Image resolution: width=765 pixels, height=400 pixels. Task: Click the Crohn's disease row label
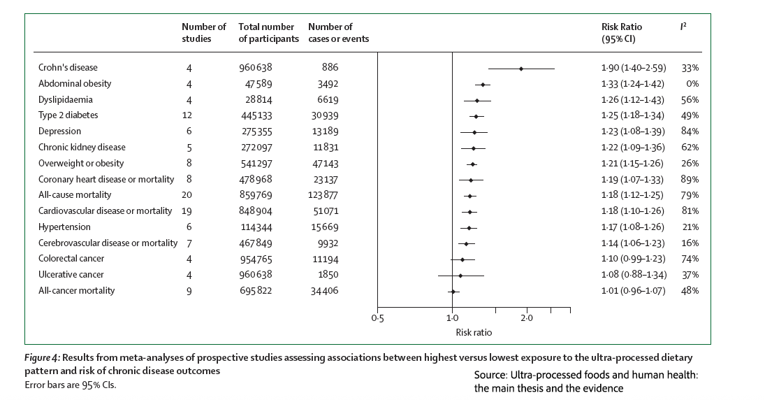pyautogui.click(x=68, y=68)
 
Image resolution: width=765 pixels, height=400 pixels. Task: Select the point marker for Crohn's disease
pyautogui.click(x=521, y=69)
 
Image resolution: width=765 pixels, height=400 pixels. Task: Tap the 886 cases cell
pyautogui.click(x=330, y=68)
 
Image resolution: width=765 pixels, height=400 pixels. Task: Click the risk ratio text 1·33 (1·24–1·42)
pyautogui.click(x=633, y=84)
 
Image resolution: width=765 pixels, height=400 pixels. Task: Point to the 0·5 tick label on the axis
pyautogui.click(x=377, y=318)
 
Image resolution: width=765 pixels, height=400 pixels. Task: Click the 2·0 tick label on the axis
pyautogui.click(x=527, y=318)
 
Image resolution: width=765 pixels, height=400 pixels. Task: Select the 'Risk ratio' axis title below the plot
pyautogui.click(x=474, y=333)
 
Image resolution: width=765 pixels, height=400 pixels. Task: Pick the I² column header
pyautogui.click(x=684, y=27)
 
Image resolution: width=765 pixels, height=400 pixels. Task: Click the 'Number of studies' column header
pyautogui.click(x=203, y=32)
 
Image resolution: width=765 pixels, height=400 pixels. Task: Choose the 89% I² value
pyautogui.click(x=691, y=179)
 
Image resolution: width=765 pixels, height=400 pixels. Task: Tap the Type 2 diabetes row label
pyautogui.click(x=68, y=115)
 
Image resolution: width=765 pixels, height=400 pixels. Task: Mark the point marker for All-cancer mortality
pyautogui.click(x=453, y=291)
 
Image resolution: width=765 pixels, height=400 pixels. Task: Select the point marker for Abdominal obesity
pyautogui.click(x=483, y=84)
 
